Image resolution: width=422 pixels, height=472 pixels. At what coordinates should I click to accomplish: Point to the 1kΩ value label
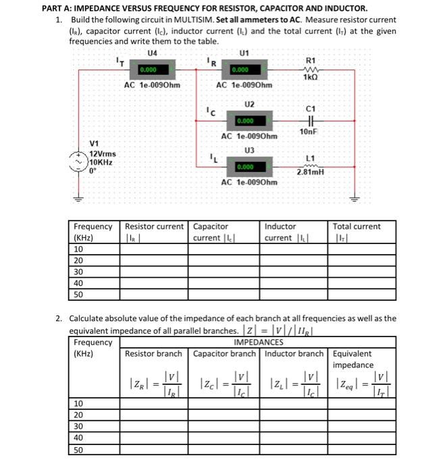(311, 77)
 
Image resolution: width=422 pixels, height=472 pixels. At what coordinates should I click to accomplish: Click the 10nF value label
(309, 131)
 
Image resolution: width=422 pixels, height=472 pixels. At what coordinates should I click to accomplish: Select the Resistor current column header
(154, 227)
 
